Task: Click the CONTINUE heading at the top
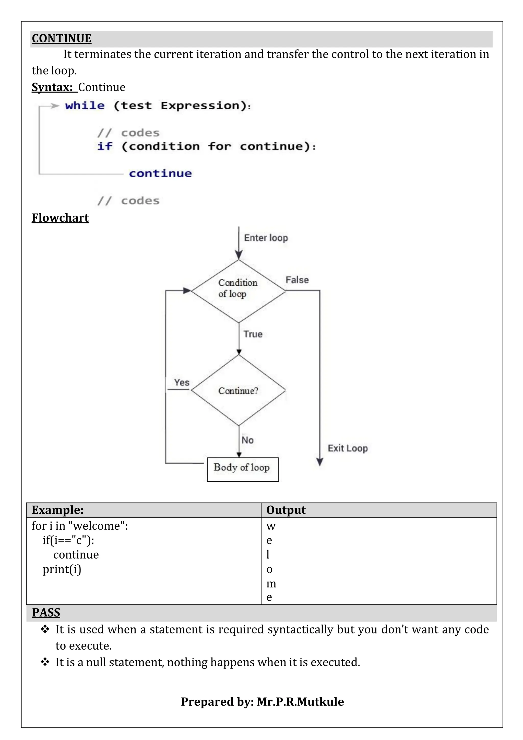coord(62,38)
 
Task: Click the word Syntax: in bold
coord(52,87)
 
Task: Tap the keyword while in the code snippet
coord(85,106)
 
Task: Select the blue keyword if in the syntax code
coord(105,146)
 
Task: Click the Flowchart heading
coord(60,218)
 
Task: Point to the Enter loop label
coord(266,238)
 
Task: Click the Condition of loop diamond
coord(238,291)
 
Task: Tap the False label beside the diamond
coord(297,280)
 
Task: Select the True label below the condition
coord(253,334)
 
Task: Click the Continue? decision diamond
coord(238,391)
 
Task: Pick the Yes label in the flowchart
coord(182,382)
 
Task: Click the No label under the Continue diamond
coord(248,440)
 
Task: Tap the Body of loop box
coord(243,469)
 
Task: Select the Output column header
coord(286,510)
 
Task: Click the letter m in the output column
coord(271,583)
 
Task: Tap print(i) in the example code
coord(62,569)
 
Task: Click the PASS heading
coord(46,612)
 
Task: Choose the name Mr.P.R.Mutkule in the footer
coord(300,702)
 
